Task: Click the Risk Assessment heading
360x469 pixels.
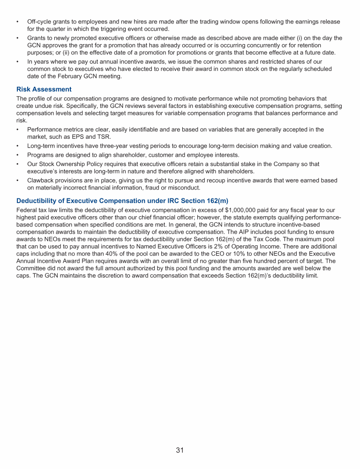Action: click(44, 89)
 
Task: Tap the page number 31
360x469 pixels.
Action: click(180, 450)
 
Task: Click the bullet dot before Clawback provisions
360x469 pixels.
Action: click(18, 181)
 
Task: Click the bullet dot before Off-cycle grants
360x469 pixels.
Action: click(18, 22)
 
